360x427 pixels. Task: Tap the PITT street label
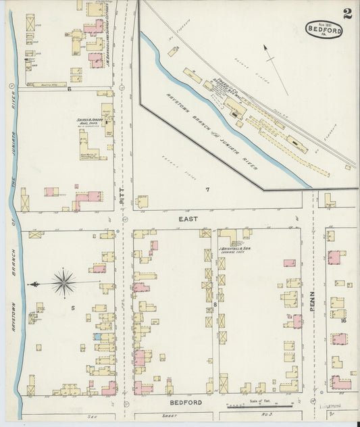(122, 197)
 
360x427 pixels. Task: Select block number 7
(208, 190)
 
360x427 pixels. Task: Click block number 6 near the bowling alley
(68, 89)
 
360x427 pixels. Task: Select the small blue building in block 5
(99, 336)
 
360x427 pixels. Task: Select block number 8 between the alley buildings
(215, 305)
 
